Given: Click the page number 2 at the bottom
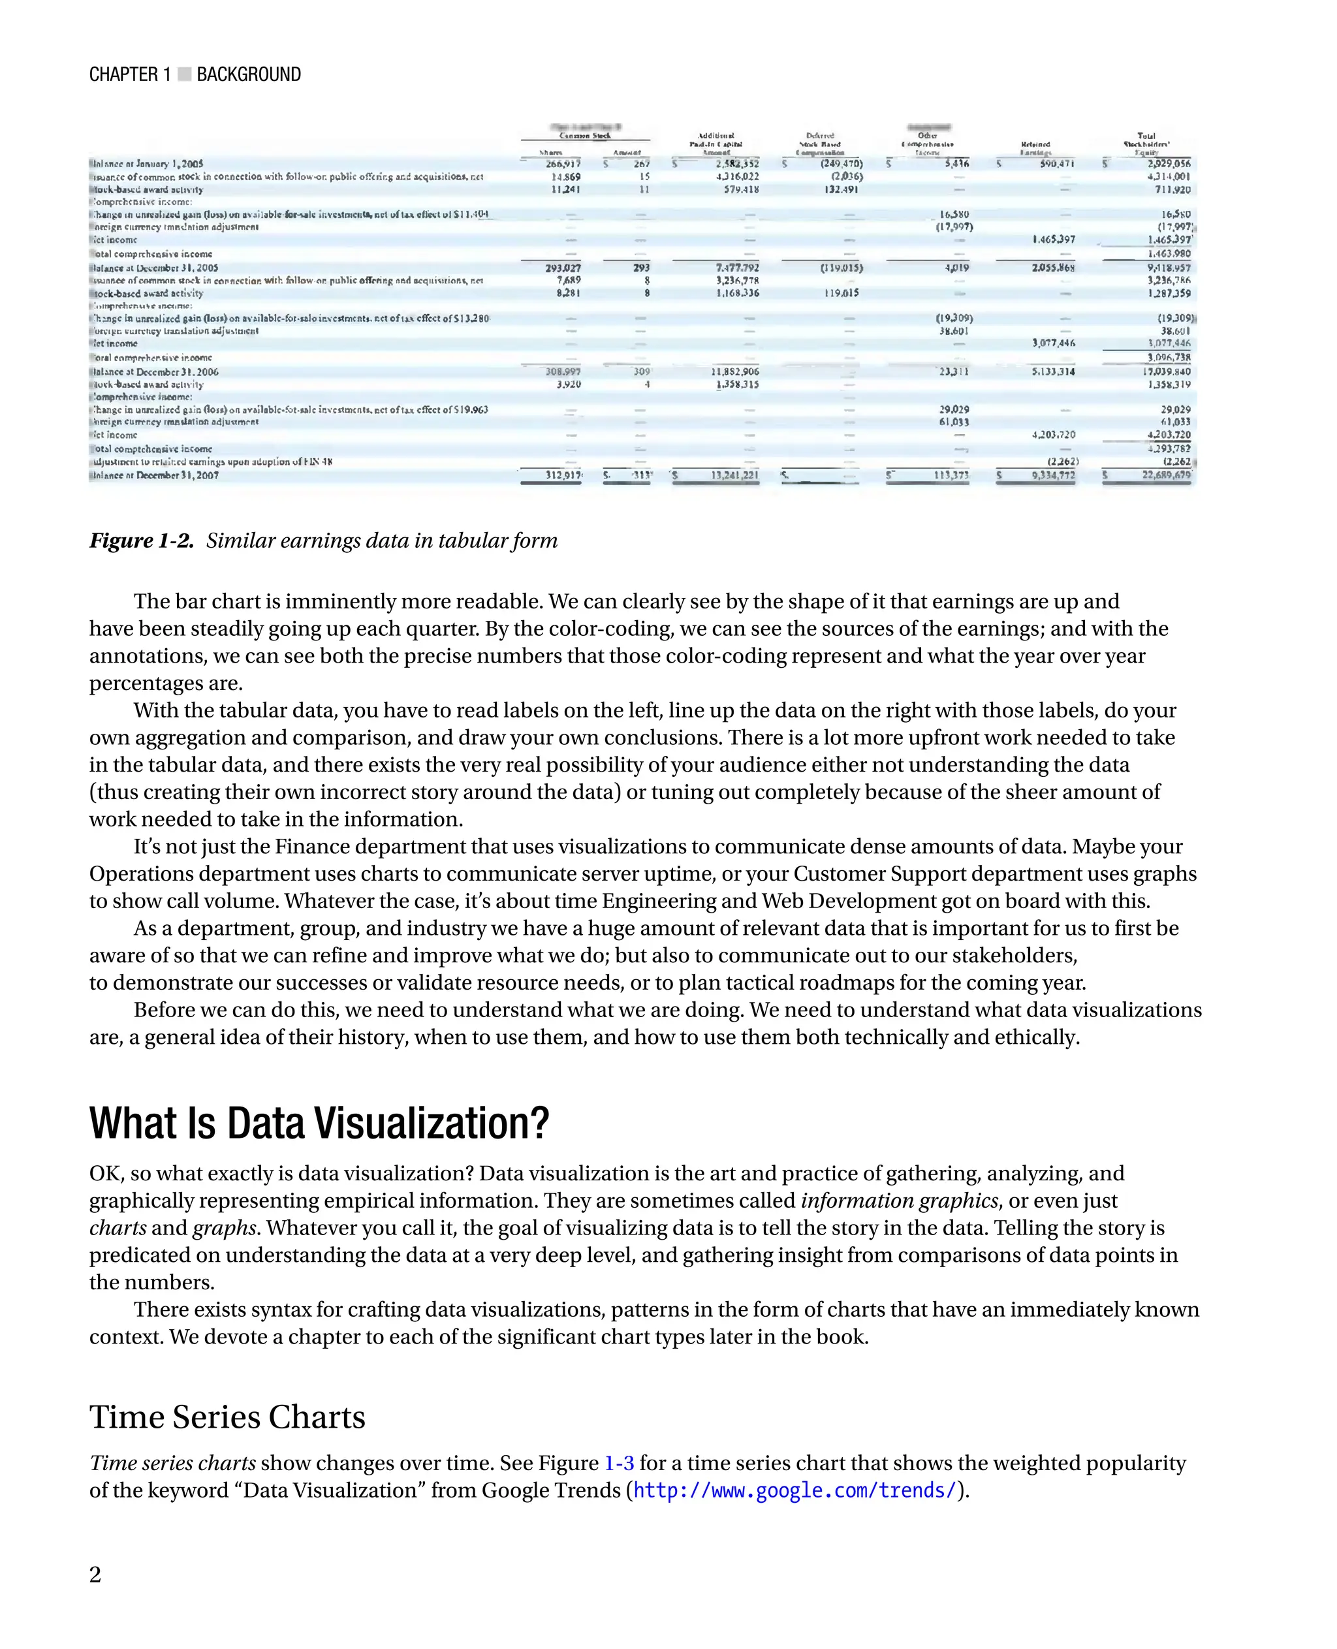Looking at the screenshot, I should coord(95,1575).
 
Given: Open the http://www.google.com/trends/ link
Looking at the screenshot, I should coord(794,1490).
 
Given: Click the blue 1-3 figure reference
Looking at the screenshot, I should coord(618,1462).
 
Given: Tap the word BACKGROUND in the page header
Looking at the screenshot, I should coord(249,74).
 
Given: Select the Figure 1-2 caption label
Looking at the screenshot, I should coord(142,541).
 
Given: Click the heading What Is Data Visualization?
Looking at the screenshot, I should coord(319,1123).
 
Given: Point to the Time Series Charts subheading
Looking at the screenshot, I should coord(227,1417).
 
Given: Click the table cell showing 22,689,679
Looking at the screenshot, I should coord(1165,475).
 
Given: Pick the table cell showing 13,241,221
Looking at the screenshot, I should coord(734,475).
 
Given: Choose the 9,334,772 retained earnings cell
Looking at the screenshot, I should coord(1053,475).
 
